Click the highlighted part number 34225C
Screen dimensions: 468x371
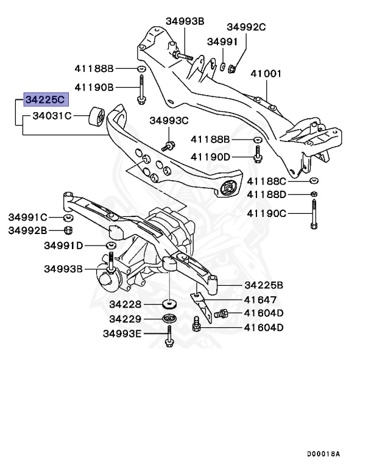click(x=47, y=100)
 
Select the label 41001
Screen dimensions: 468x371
click(x=266, y=74)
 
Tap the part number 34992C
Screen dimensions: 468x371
click(x=247, y=27)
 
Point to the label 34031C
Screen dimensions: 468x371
click(x=52, y=115)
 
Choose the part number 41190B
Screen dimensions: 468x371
click(x=94, y=87)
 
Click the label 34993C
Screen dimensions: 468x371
click(x=169, y=121)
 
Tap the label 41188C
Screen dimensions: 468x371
click(x=267, y=182)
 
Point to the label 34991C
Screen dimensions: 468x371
click(x=27, y=217)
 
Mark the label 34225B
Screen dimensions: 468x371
click(x=264, y=285)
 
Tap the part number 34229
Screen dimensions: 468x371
click(x=125, y=319)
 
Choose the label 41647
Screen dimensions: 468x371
click(x=260, y=299)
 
